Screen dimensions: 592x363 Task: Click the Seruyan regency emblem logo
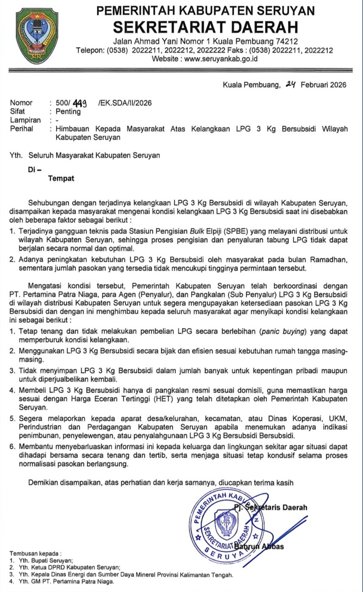[x=37, y=37]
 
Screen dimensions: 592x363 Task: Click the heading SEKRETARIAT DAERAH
[x=205, y=27]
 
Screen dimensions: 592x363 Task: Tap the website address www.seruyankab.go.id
[x=221, y=59]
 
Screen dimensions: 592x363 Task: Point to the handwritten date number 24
[x=290, y=84]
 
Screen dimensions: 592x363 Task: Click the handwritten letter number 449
[x=80, y=103]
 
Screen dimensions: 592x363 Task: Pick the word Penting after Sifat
[x=68, y=112]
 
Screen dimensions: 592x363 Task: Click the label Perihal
[x=22, y=129]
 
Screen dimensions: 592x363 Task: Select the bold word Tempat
[x=61, y=179]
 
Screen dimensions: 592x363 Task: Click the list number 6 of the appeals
[x=12, y=447]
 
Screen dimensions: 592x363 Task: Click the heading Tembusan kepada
[x=35, y=553]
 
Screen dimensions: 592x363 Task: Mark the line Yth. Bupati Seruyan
[x=46, y=561]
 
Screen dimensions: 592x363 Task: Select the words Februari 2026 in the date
[x=323, y=85]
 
